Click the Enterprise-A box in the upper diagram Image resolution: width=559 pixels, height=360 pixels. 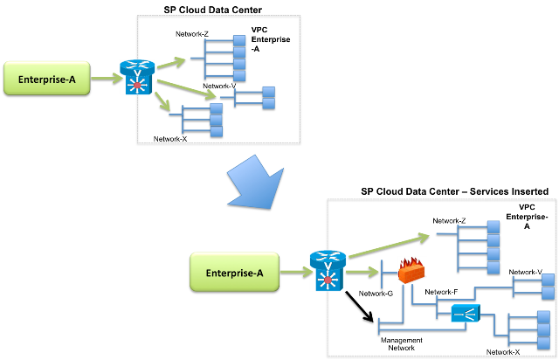pyautogui.click(x=46, y=78)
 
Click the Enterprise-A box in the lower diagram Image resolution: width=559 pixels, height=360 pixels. pyautogui.click(x=234, y=272)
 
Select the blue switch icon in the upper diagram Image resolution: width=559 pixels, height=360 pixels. pyautogui.click(x=137, y=77)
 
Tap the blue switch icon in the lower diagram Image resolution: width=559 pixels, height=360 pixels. pyautogui.click(x=328, y=270)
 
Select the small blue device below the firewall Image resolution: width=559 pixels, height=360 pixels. pyautogui.click(x=466, y=313)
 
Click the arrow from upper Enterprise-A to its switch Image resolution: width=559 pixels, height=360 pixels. pyautogui.click(x=105, y=78)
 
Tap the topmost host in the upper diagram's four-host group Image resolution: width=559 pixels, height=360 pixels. pyautogui.click(x=239, y=41)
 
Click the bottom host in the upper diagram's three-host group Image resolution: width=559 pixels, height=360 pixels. pyautogui.click(x=216, y=132)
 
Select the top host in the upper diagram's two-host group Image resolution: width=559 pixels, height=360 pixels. pyautogui.click(x=268, y=91)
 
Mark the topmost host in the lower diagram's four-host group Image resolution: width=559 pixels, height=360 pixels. pyautogui.click(x=493, y=226)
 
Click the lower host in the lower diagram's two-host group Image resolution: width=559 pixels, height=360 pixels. pyautogui.click(x=548, y=294)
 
